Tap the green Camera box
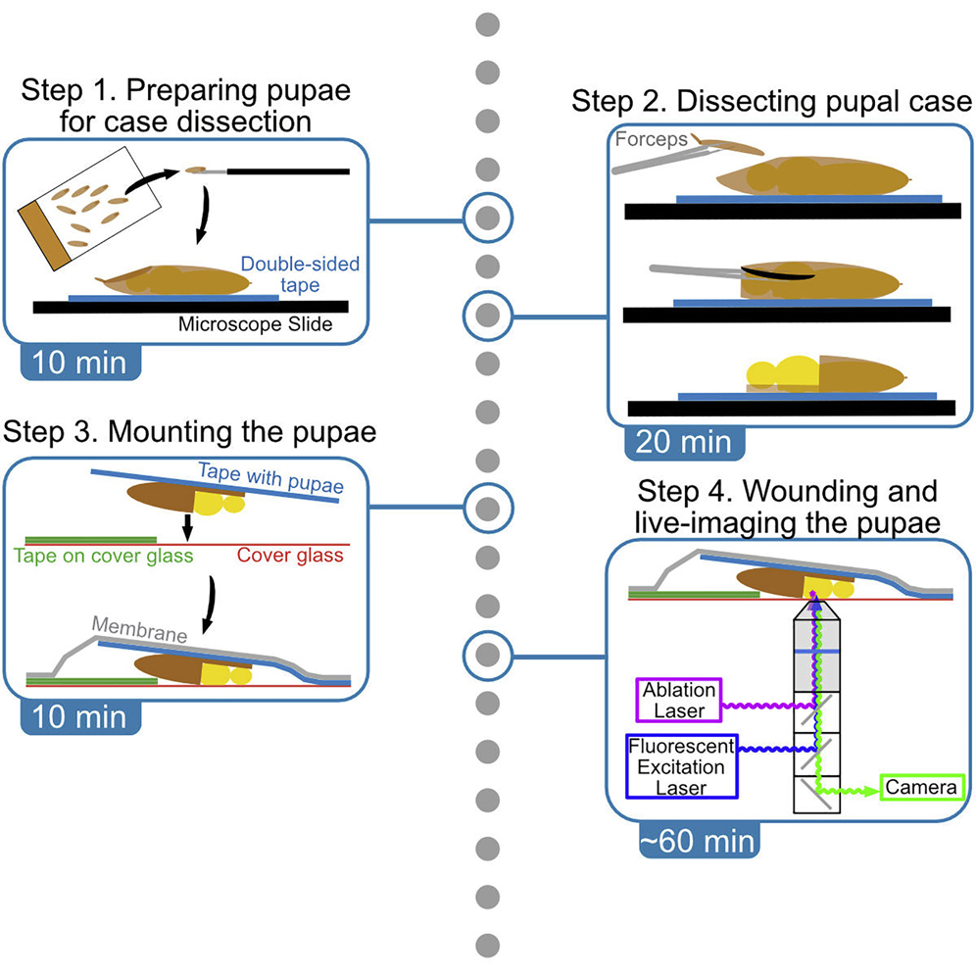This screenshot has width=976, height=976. [921, 787]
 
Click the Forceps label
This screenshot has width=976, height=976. [652, 140]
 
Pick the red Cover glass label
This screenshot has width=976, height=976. [290, 556]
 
